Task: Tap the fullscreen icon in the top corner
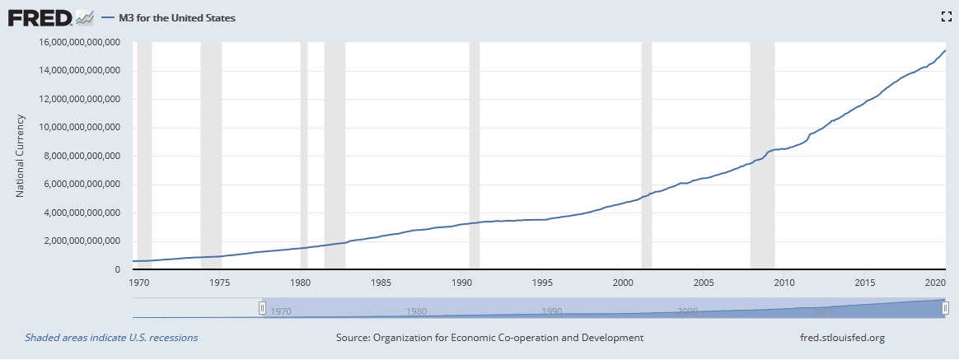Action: (x=946, y=16)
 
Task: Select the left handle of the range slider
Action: (x=263, y=307)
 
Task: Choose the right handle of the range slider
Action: (x=946, y=307)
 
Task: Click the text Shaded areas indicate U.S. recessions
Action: (x=111, y=338)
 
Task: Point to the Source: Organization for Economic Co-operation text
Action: (x=489, y=338)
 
